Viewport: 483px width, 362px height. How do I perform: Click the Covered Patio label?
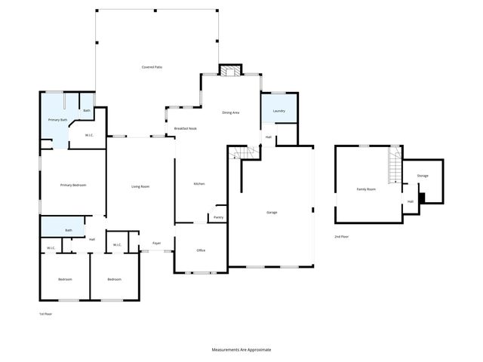pos(152,67)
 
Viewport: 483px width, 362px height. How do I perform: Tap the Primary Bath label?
pos(58,120)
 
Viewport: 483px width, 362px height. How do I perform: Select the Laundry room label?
pos(278,111)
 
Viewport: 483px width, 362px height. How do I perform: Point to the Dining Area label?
pos(230,112)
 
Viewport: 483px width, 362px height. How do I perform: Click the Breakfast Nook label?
pos(186,128)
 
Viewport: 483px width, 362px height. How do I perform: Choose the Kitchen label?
pos(199,183)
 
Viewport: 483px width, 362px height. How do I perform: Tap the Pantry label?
pos(218,217)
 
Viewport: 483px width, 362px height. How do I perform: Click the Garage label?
pos(272,212)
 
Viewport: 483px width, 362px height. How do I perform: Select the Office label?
pos(201,250)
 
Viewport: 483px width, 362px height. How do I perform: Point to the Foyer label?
pos(157,243)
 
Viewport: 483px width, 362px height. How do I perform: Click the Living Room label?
pos(140,186)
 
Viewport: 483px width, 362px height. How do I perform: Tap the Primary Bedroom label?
pos(72,184)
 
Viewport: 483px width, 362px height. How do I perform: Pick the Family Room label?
pos(366,189)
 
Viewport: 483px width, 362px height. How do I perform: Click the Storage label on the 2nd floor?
pos(423,176)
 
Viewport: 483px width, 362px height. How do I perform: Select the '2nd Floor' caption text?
pos(342,237)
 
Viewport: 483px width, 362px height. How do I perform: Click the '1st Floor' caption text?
pos(47,313)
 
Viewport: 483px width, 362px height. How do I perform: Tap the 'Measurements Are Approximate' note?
pos(241,350)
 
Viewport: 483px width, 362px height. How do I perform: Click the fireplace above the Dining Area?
pos(229,70)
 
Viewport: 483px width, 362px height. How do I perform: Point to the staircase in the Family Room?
pos(393,166)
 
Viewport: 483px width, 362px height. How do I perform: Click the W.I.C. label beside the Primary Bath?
pos(89,136)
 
